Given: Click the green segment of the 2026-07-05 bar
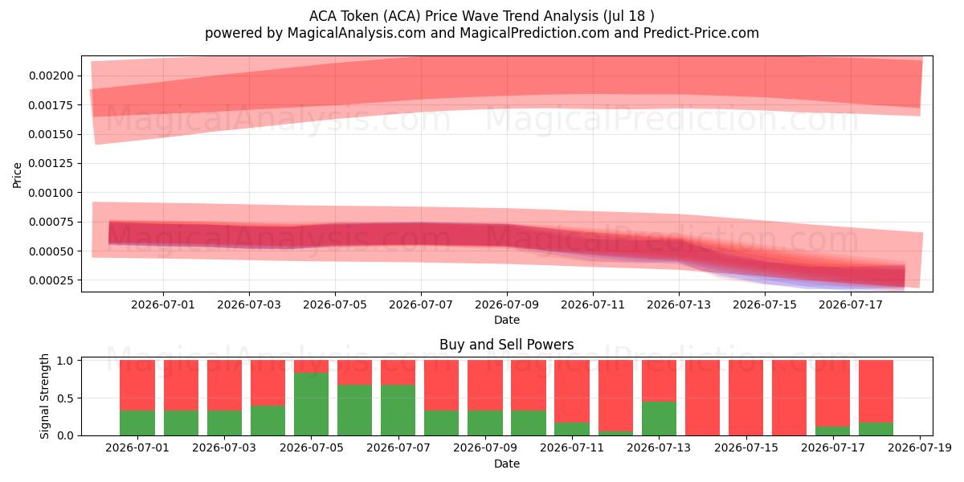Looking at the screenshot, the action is click(x=311, y=404).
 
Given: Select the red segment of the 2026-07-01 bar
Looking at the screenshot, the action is click(x=137, y=385).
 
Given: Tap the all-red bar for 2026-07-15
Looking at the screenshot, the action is click(x=745, y=398).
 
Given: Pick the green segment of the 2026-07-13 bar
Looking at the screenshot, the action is click(x=659, y=419).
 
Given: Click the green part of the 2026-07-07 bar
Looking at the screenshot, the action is click(x=398, y=411).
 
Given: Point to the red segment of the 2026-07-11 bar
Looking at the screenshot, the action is click(x=572, y=391).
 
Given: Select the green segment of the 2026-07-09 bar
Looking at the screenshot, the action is click(x=485, y=423).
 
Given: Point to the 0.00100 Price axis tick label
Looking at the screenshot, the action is click(x=51, y=193).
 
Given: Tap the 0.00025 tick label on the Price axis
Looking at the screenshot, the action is click(x=51, y=280).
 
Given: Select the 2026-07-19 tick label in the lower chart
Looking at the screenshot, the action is click(x=920, y=448).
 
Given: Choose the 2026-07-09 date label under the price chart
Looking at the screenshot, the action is click(x=507, y=304).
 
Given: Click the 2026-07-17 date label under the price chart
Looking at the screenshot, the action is click(x=851, y=304).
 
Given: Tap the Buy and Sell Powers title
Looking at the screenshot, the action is click(x=507, y=345).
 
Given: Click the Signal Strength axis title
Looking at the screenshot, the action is click(x=44, y=396).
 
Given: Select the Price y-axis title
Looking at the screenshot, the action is click(x=17, y=175).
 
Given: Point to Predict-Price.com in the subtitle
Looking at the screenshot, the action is click(x=701, y=33).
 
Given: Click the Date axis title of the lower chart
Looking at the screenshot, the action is click(x=507, y=464).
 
